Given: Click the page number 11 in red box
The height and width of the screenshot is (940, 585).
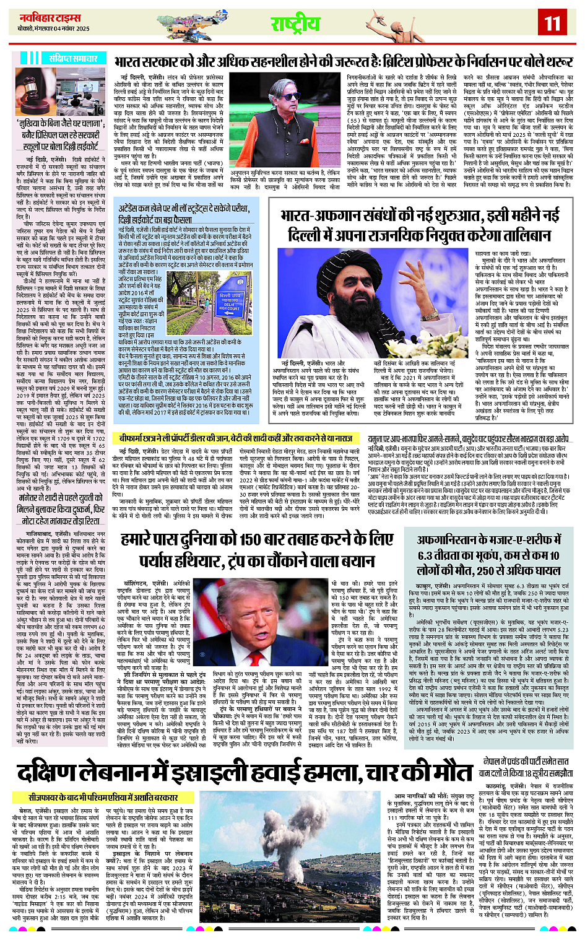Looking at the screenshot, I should (x=552, y=24).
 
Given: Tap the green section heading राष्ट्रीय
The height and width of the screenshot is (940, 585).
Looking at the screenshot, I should (x=295, y=24).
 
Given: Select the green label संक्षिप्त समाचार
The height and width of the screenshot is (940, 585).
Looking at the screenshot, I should (x=72, y=58).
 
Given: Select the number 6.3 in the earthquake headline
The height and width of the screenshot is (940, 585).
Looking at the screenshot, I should (x=432, y=555).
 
